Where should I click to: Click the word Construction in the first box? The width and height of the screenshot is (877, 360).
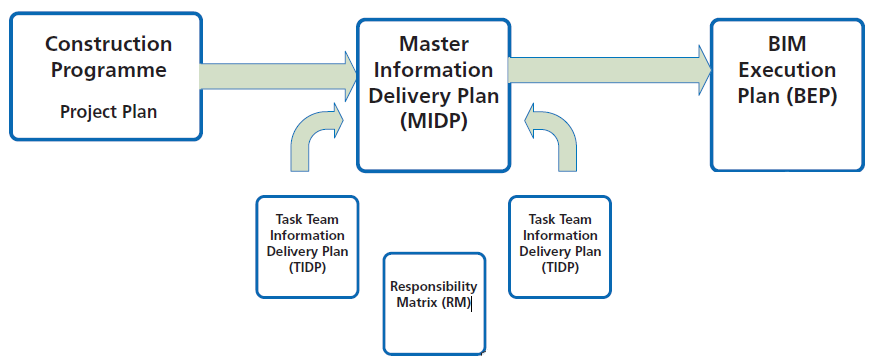click(x=108, y=45)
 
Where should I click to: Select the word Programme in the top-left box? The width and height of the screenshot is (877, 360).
click(x=108, y=71)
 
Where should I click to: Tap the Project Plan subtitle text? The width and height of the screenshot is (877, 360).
click(x=108, y=111)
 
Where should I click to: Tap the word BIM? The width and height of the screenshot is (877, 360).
click(x=787, y=45)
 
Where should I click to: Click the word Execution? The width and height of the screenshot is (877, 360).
click(x=787, y=71)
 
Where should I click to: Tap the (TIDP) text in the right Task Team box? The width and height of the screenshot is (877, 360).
click(x=559, y=269)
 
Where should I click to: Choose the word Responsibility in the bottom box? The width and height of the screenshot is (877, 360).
click(x=433, y=287)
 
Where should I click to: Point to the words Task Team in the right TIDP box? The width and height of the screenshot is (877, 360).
click(x=559, y=219)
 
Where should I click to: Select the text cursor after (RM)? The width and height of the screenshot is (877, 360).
click(x=471, y=303)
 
